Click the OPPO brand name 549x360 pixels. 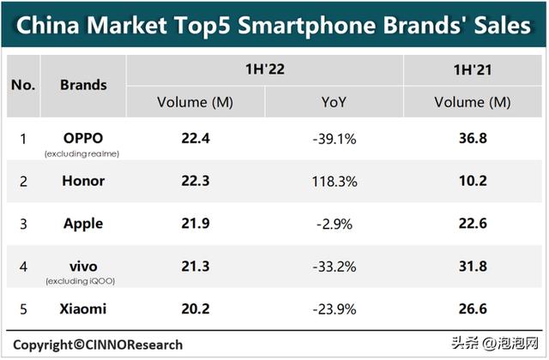pyautogui.click(x=83, y=138)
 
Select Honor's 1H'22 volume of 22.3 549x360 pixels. pyautogui.click(x=195, y=181)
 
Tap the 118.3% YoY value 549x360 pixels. pyautogui.click(x=334, y=181)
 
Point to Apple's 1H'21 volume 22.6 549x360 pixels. pyautogui.click(x=473, y=224)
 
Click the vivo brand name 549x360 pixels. pyautogui.click(x=83, y=266)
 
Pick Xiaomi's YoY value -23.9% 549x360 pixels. pyautogui.click(x=334, y=309)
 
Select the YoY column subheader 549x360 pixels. pyautogui.click(x=334, y=102)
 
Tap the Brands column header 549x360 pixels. pyautogui.click(x=83, y=85)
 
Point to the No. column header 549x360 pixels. pyautogui.click(x=23, y=85)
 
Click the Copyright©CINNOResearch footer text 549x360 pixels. pyautogui.click(x=97, y=345)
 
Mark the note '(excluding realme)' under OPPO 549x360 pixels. pyautogui.click(x=83, y=153)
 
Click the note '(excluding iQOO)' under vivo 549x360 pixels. pyautogui.click(x=83, y=281)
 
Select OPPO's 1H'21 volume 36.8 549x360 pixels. pyautogui.click(x=473, y=138)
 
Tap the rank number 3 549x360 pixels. pyautogui.click(x=23, y=224)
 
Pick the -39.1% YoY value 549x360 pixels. pyautogui.click(x=334, y=138)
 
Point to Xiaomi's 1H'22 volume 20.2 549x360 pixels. pyautogui.click(x=195, y=309)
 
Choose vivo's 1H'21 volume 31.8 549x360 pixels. pyautogui.click(x=473, y=266)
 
